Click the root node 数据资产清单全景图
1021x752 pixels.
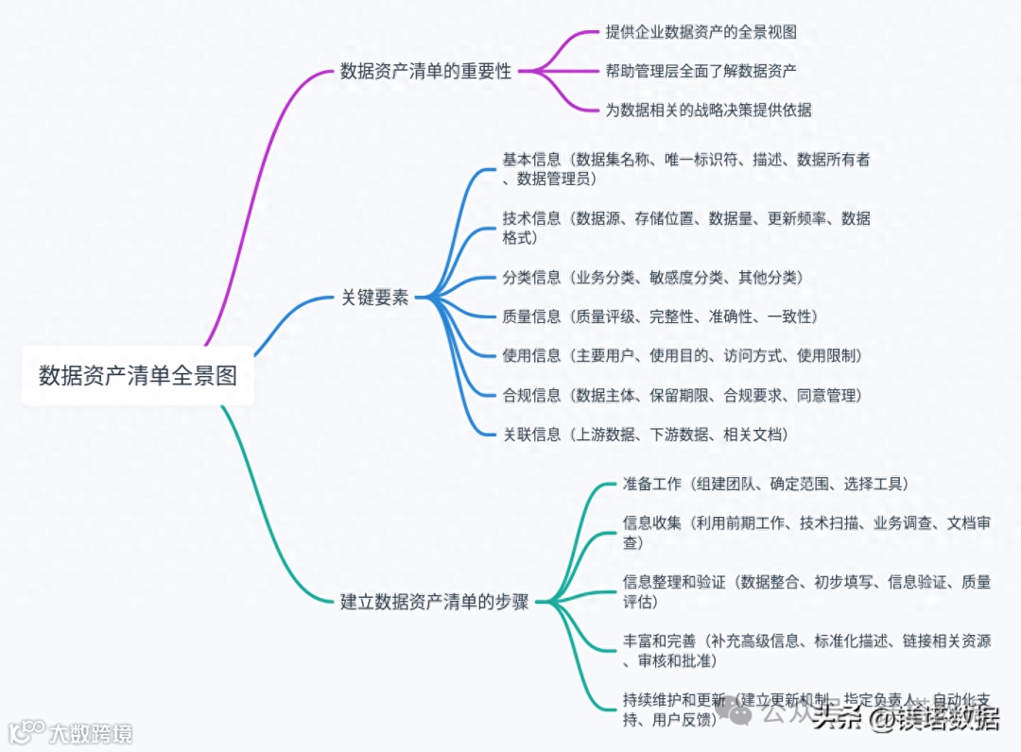[138, 376]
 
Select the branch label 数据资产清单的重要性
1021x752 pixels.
[425, 72]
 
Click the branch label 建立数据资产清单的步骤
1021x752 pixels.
[434, 601]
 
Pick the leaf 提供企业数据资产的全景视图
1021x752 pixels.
[701, 32]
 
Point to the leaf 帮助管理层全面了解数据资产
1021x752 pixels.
[701, 71]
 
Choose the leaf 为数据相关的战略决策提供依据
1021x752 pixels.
[708, 110]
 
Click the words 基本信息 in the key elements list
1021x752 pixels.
[531, 160]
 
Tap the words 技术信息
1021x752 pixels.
[531, 219]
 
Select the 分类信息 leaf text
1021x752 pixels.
[531, 278]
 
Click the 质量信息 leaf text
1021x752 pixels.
[531, 316]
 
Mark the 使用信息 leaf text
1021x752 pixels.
[531, 356]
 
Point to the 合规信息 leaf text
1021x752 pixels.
[531, 395]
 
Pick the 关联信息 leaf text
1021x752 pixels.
[531, 435]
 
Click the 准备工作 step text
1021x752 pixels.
[651, 484]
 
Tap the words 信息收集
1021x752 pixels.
[651, 523]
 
